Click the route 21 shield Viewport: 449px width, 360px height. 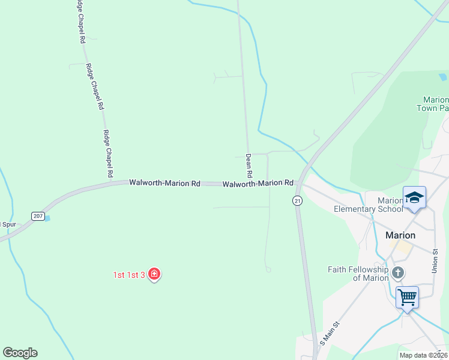tap(297, 202)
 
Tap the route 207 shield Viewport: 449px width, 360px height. tap(38, 216)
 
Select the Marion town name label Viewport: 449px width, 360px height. tap(400, 235)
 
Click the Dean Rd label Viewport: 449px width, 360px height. tap(249, 165)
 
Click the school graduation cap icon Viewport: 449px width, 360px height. tap(414, 198)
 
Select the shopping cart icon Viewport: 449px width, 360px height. tap(407, 296)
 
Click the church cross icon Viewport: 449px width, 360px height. tap(397, 274)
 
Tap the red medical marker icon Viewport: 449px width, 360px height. tap(154, 274)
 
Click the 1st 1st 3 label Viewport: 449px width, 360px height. tap(129, 275)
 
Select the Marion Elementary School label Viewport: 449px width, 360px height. tap(369, 205)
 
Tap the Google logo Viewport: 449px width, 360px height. tap(20, 353)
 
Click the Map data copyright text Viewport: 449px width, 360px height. tap(423, 355)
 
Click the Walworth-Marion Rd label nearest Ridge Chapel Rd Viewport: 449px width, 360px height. tap(164, 182)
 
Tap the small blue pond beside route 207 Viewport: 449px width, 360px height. tap(47, 218)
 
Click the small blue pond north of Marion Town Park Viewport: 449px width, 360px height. tap(443, 77)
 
